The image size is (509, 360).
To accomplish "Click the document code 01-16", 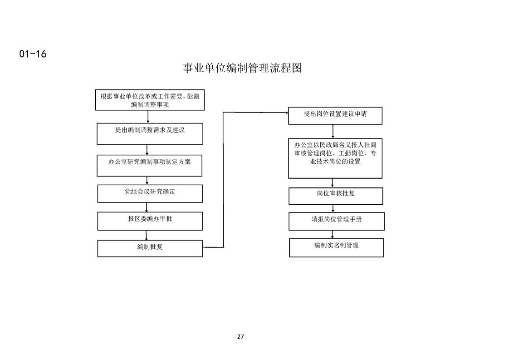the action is pos(33,54).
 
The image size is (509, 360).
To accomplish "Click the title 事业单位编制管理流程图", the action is pos(242,68).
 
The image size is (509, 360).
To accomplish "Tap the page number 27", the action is pos(240,336).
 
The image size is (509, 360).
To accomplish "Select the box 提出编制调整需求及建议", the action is pos(150,133).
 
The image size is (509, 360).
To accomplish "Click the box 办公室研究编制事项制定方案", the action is pos(149,165).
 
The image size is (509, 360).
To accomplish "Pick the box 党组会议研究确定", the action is pos(150,194).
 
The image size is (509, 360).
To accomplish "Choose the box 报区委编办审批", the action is pos(150,221).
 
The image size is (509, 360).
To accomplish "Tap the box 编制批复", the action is pos(150,248).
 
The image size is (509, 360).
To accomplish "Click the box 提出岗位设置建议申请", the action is pos(335,116).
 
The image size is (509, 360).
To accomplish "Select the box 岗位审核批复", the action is pos(336,196).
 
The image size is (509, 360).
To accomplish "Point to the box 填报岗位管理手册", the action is pos(336,221).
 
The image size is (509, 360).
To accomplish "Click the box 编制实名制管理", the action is pos(336,247).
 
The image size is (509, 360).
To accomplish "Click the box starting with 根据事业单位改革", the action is pos(150,100).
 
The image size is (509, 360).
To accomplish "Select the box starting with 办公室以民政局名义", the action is pos(335,158).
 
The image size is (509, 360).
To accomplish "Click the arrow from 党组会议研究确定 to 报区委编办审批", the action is pos(147,207).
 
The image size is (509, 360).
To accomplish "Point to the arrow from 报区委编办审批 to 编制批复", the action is pos(146,235).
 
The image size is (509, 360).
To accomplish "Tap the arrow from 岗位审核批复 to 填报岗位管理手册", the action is pos(333,208).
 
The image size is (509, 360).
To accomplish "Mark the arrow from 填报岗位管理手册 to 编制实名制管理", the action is pos(333,235).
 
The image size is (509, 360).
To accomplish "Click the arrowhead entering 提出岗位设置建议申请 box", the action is pos(287,113).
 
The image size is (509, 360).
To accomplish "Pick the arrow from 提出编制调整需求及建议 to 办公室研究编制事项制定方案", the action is pos(147,150).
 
